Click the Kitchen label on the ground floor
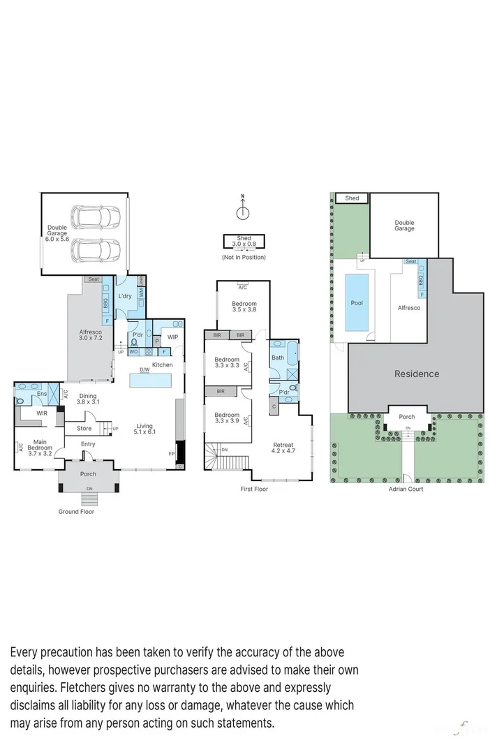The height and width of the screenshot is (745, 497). pos(162,365)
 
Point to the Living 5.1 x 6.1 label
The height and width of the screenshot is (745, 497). pos(144,429)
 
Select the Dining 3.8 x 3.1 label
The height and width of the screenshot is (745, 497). pos(88,399)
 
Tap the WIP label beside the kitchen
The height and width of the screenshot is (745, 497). pos(172,337)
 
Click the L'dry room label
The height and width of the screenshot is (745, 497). pos(125,297)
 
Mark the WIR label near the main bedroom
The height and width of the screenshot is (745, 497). pos(31,413)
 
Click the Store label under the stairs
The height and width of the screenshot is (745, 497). pos(84,429)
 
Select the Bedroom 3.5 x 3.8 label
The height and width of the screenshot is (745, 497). pos(244,307)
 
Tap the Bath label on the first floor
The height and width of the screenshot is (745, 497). pos(278,357)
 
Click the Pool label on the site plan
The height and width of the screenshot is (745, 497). pos(357,303)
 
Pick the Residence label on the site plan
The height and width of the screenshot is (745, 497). pos(417,374)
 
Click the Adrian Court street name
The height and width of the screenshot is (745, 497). pos(406,489)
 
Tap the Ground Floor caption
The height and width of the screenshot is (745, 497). pos(76,511)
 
